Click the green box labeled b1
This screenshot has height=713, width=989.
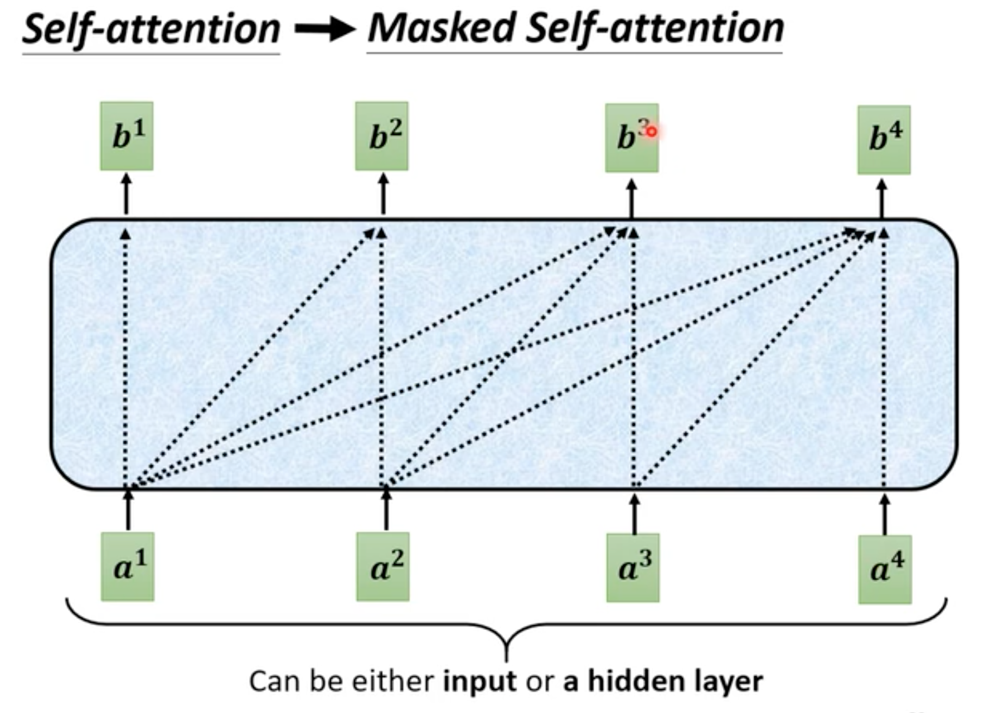coord(127,136)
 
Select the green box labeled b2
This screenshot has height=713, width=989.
coord(382,136)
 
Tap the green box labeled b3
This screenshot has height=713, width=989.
coord(631,138)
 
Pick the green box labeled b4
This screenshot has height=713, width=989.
coord(884,140)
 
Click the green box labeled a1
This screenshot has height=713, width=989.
coord(127,567)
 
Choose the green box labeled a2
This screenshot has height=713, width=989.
coord(382,567)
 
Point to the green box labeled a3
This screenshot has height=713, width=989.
coord(633,568)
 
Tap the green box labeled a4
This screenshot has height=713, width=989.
coord(885,569)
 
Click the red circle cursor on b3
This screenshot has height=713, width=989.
coord(651,132)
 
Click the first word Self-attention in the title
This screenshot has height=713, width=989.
coord(151,29)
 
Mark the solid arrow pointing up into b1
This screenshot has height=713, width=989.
coord(127,194)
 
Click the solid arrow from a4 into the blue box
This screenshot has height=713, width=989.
coord(885,514)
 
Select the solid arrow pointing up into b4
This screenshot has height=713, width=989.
coord(881,198)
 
